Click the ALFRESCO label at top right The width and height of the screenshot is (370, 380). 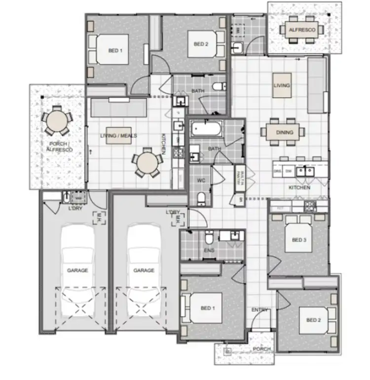tap(301, 30)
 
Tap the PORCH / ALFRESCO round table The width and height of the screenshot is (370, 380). tap(55, 121)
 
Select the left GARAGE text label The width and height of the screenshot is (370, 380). tap(77, 270)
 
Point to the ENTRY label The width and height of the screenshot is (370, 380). tap(259, 310)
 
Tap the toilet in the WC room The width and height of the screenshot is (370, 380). tap(201, 198)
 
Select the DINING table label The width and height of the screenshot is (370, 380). tap(285, 132)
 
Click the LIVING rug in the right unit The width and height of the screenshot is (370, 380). tap(282, 85)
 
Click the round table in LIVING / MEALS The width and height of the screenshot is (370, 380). tap(148, 162)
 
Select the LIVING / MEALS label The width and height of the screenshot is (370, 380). tap(118, 136)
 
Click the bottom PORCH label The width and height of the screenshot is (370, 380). tap(262, 349)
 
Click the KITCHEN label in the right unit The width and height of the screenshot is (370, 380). tap(299, 188)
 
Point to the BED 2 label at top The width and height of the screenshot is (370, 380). tap(201, 44)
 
